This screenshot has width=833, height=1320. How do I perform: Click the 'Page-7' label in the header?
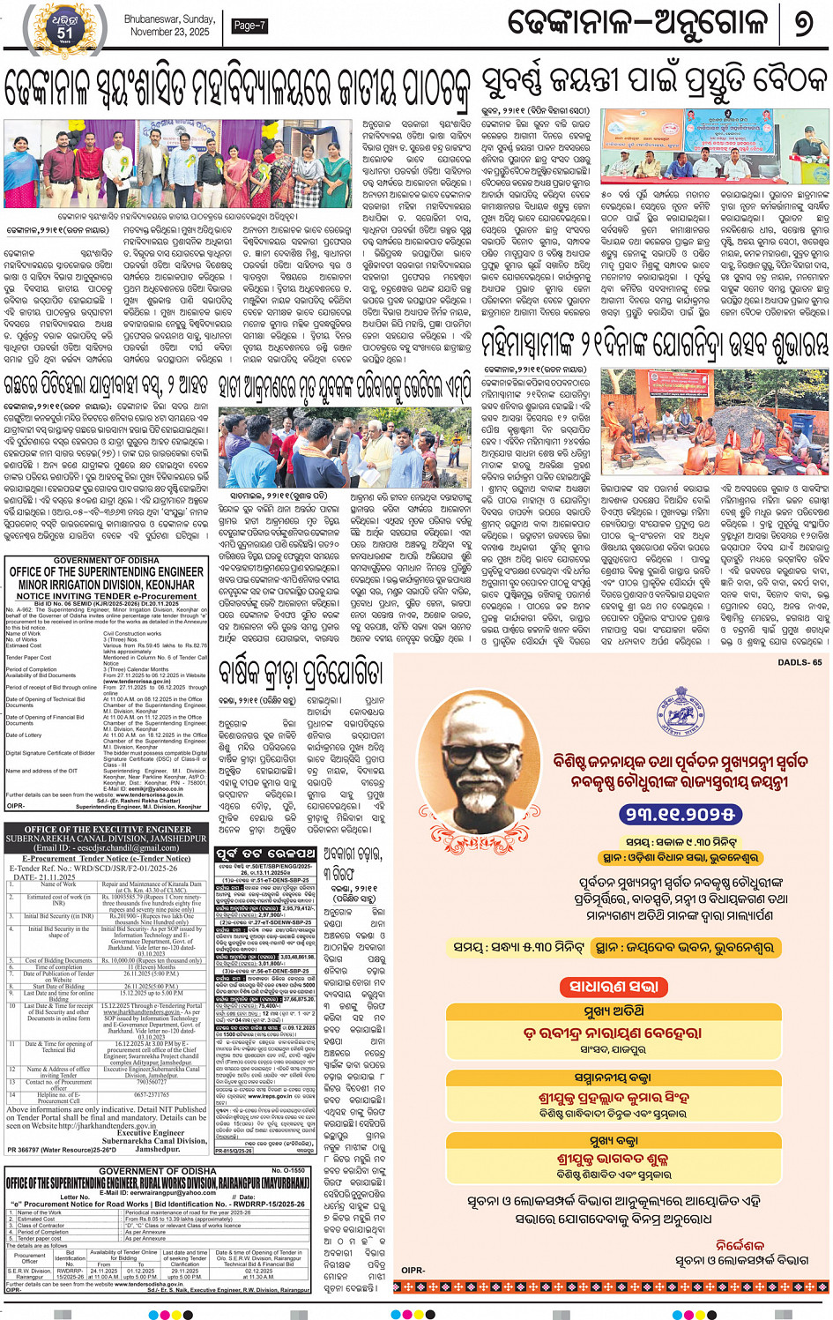click(249, 26)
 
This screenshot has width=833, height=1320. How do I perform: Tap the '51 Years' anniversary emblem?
click(65, 27)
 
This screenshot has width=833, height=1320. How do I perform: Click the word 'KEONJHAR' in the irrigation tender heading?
click(171, 585)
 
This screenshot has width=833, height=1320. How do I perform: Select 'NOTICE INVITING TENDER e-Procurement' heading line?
click(107, 596)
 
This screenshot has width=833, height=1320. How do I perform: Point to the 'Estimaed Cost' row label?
click(24, 645)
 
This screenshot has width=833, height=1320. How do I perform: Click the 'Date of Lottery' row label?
click(24, 735)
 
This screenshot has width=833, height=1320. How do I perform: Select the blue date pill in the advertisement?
click(679, 813)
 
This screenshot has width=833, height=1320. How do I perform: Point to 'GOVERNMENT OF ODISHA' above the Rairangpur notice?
click(157, 1171)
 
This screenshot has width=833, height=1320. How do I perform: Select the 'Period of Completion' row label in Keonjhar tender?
click(32, 669)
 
